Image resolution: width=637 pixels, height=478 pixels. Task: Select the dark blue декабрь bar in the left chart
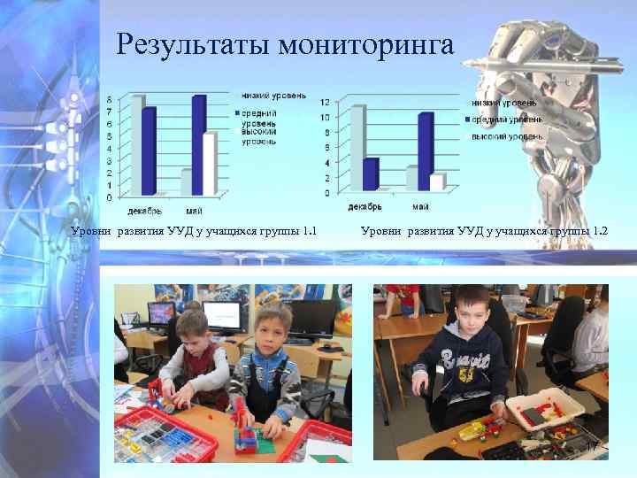(149, 150)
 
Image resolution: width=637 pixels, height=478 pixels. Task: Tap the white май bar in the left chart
(210, 164)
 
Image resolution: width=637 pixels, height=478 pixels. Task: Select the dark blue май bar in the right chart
(426, 151)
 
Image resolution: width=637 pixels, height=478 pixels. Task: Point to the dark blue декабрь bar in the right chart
(371, 173)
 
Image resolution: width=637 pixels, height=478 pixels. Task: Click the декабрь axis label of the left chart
(142, 210)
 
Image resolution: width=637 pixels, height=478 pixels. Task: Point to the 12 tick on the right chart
(325, 101)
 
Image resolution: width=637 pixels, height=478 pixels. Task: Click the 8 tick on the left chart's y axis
(109, 99)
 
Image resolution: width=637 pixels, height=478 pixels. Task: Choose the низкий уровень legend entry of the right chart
(510, 104)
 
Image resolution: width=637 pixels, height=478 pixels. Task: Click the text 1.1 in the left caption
(309, 232)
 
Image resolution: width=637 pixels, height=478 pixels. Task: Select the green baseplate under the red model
(249, 438)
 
